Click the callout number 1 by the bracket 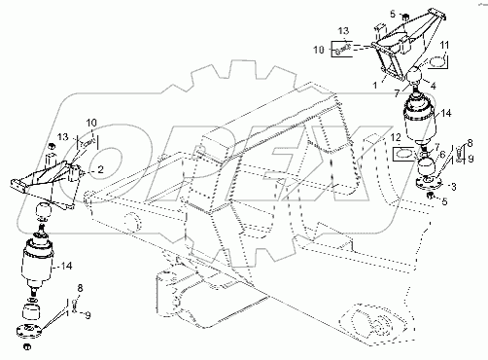[x=375, y=86]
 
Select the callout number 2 [x=100, y=169]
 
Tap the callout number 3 [x=454, y=187]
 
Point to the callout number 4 [x=433, y=86]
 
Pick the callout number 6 [x=442, y=156]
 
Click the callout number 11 [x=444, y=45]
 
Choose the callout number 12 [x=396, y=137]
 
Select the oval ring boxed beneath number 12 [x=403, y=153]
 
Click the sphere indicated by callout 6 [x=426, y=165]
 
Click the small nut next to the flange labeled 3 [x=431, y=195]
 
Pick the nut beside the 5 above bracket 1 [x=404, y=17]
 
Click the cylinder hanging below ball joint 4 [x=419, y=119]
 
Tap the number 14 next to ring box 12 [x=446, y=113]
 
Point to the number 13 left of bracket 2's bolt [x=63, y=137]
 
